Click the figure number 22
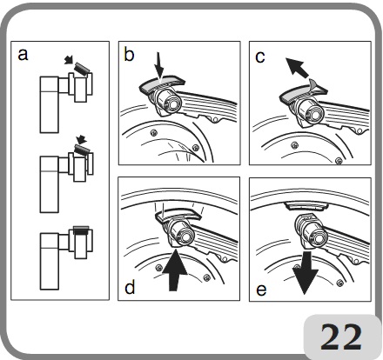coord(341,337)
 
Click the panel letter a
coord(23,55)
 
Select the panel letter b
coord(129,54)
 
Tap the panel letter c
coord(260,57)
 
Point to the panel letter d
coord(130,287)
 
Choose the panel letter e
coord(261,290)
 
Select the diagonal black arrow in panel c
coord(297,68)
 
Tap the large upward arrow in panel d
coord(174,270)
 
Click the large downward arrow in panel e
coord(306,272)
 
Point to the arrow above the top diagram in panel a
coord(69,60)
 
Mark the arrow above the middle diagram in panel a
coord(81,139)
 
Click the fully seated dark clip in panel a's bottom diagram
coord(81,230)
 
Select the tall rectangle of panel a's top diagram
coord(50,104)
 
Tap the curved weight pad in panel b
coord(163,83)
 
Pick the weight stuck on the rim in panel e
coord(306,206)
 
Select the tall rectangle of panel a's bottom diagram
coord(50,261)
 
